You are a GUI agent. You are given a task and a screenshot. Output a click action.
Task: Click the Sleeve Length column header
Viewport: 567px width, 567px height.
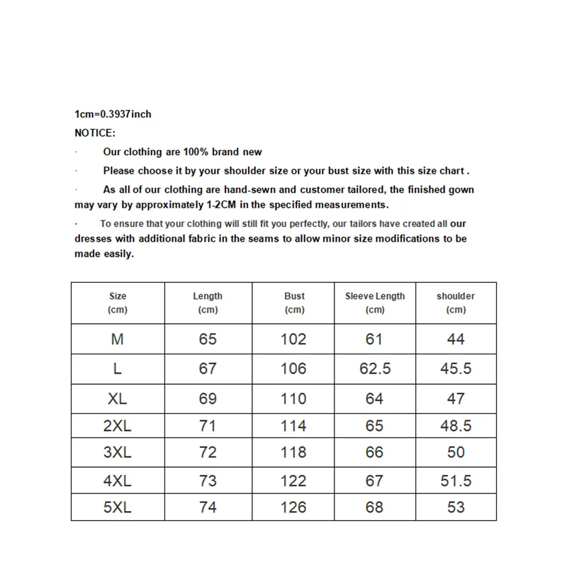coord(375,303)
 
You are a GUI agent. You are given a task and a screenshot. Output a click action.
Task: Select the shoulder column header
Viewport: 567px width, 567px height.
coord(456,303)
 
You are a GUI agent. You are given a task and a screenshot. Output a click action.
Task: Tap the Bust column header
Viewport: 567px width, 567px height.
coord(294,303)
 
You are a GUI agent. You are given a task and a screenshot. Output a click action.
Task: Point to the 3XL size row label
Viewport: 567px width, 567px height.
coord(118,452)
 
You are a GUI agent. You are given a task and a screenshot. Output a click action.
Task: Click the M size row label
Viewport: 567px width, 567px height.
coord(118,339)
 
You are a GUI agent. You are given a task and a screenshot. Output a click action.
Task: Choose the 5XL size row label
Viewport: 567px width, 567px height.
coord(118,507)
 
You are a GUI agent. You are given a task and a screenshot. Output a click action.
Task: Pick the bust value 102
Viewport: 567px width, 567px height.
coord(293,339)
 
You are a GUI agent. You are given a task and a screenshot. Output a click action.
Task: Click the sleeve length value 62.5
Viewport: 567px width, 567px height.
coord(375,369)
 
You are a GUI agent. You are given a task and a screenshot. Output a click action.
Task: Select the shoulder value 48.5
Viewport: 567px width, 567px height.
coord(456,426)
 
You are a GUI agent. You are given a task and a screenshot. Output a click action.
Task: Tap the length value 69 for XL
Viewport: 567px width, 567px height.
coord(208,398)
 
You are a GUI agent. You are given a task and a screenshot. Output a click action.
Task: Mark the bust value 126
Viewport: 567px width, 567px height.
coord(293,507)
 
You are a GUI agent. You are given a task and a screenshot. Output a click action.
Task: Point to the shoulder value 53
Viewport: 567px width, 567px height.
coord(456,507)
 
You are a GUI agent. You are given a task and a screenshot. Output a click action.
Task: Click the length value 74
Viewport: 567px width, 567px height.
coord(208,507)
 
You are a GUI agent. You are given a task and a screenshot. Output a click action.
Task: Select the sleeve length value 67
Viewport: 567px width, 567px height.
coord(374,481)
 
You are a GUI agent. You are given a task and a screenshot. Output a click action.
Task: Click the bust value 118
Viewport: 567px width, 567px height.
coord(293,452)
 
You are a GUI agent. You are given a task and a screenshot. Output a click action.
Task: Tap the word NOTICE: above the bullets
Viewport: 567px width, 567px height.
coord(95,133)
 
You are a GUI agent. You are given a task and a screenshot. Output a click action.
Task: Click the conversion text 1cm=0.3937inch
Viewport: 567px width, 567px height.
coord(113,113)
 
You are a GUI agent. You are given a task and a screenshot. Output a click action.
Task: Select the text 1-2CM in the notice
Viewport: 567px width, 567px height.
coord(222,205)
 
